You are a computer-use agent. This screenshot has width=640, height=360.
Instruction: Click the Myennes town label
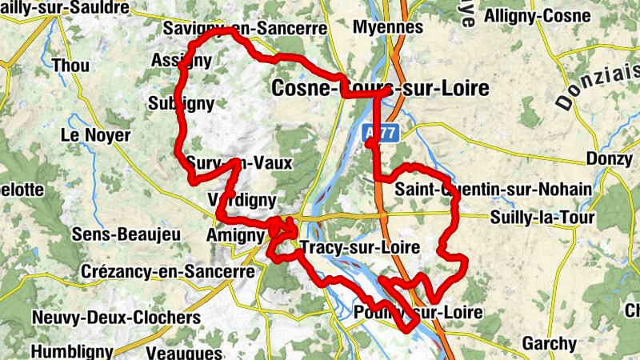[x=388, y=27]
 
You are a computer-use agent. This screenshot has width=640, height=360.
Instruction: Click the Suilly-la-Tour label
[x=542, y=217]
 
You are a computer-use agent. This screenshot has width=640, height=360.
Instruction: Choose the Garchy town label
[x=549, y=344]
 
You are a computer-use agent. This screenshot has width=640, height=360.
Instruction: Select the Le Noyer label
[x=95, y=135]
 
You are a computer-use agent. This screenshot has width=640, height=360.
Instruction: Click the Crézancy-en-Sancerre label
[x=168, y=271]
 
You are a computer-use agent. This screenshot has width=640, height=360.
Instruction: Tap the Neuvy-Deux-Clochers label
[x=116, y=318]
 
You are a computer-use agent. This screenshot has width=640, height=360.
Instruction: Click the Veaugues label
[x=185, y=353]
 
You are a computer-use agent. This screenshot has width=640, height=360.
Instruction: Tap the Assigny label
[x=181, y=60]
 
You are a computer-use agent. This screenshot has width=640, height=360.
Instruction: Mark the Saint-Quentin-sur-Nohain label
[x=494, y=189]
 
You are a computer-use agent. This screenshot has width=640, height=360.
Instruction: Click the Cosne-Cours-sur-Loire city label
[x=380, y=88]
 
